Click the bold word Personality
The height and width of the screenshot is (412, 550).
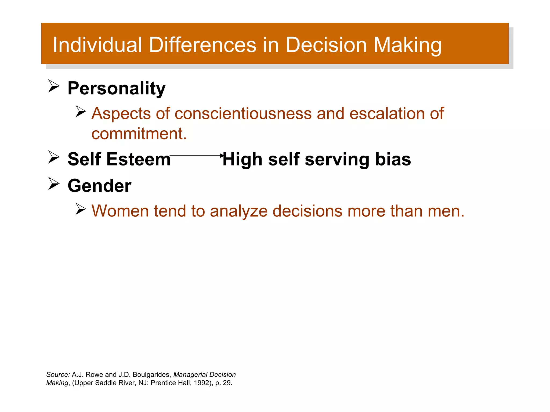[117, 88]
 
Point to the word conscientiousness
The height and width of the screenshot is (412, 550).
[243, 113]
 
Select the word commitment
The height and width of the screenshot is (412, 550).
[139, 134]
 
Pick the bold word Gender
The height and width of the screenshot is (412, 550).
[99, 186]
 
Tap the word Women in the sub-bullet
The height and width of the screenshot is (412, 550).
[120, 211]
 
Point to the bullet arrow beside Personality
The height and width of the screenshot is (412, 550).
[54, 86]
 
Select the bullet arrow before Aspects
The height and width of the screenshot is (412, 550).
[80, 111]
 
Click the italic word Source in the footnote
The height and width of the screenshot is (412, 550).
[58, 374]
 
